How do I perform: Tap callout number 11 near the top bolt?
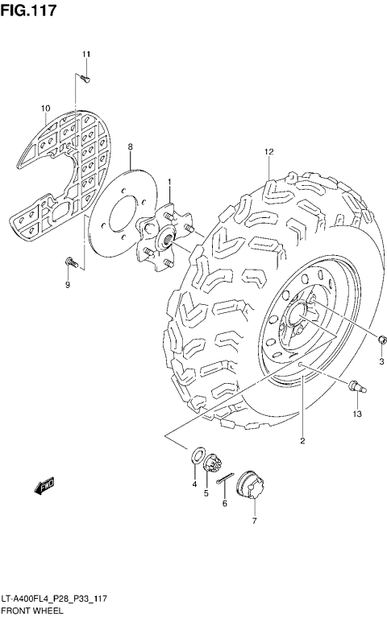pos(86,54)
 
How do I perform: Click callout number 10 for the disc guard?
pos(46,108)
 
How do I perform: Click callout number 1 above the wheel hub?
pos(169,183)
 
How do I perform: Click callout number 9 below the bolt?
pos(68,285)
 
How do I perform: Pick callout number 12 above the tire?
pos(268,151)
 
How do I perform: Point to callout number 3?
pos(381,360)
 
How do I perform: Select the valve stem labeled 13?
pos(356,389)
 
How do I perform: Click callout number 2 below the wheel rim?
pos(302,440)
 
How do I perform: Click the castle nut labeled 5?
pos(213,464)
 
